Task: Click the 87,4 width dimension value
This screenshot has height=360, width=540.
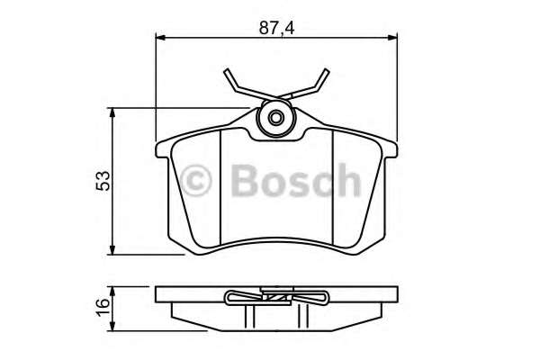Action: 276,28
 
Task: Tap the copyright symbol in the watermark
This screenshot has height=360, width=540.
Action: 198,181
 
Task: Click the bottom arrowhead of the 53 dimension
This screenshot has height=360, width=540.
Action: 112,249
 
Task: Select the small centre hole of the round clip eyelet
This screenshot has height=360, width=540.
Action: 276,117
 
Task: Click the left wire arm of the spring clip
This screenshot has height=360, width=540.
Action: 236,84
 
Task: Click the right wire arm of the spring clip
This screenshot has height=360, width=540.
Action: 315,84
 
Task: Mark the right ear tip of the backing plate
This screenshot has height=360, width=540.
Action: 396,145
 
